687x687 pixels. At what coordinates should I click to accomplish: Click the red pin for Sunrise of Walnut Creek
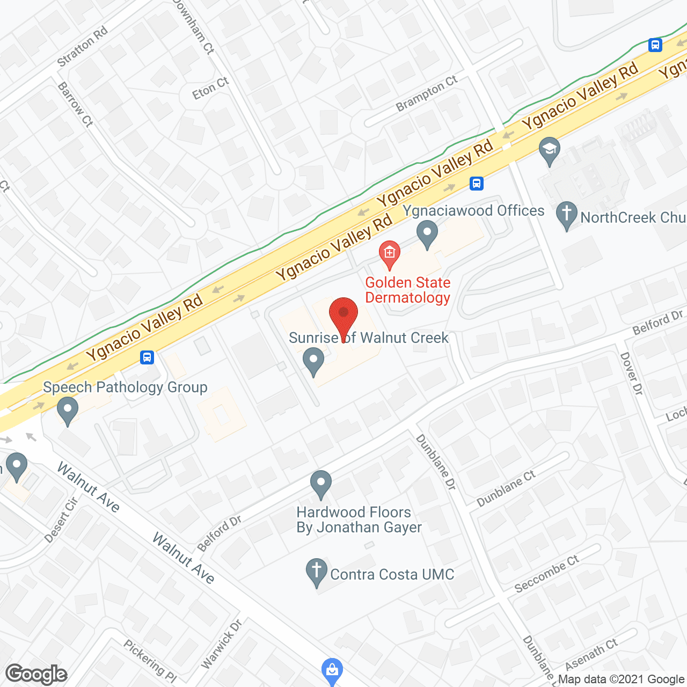[x=343, y=315]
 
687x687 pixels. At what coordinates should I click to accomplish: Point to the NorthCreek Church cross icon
[x=566, y=214]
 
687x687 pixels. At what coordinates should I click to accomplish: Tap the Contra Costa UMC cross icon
[x=317, y=572]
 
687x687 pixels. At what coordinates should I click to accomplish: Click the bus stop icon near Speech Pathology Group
[x=147, y=357]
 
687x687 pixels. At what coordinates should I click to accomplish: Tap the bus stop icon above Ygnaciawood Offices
[x=476, y=184]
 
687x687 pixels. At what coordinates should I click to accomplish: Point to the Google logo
[x=36, y=674]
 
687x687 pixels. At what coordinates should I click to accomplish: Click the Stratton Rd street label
[x=83, y=47]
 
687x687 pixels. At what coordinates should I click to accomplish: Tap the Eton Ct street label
[x=210, y=89]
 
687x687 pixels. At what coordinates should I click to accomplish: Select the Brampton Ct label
[x=427, y=93]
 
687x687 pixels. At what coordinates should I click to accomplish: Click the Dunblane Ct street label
[x=506, y=488]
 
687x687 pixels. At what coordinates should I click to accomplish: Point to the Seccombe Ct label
[x=546, y=574]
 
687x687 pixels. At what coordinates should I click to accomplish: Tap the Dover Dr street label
[x=631, y=374]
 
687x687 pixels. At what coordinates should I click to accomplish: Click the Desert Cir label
[x=62, y=520]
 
